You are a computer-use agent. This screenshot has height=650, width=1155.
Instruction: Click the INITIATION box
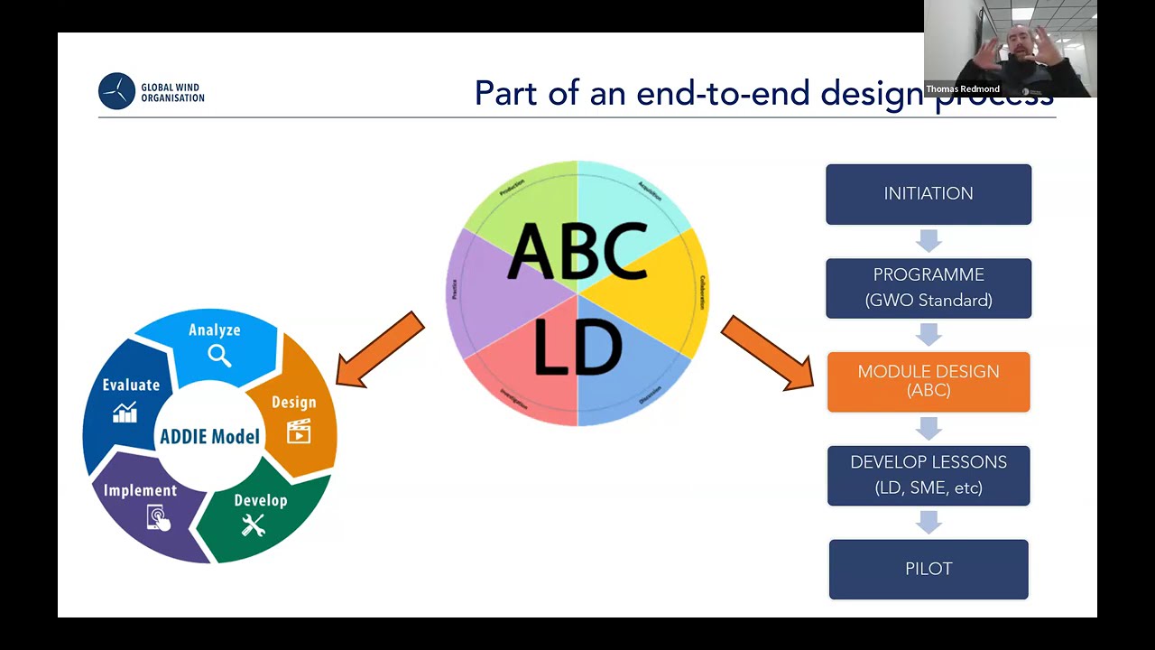928,194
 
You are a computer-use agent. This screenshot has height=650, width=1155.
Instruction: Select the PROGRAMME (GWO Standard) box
928,288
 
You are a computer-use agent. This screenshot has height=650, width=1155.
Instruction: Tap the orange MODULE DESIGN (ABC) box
928,382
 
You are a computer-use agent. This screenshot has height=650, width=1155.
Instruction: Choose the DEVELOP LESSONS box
928,475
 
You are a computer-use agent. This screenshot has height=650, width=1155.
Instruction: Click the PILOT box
928,569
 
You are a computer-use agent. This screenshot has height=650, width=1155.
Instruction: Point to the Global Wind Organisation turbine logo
116,91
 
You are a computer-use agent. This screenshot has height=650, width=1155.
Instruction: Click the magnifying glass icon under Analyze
219,355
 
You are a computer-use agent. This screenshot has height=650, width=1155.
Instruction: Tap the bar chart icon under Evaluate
125,413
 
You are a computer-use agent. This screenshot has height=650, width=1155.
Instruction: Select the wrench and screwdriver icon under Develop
253,525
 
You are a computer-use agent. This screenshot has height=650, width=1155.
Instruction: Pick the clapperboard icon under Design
298,431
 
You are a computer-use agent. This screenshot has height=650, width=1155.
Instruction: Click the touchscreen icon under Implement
158,517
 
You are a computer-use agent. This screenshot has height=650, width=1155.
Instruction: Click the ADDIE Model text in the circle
209,437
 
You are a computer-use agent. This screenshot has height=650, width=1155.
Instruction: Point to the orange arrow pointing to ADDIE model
380,350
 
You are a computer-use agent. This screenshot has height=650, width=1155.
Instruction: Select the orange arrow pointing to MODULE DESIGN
767,353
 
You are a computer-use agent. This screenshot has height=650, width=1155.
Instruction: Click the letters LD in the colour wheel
577,348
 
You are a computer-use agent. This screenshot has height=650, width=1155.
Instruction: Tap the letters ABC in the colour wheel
577,251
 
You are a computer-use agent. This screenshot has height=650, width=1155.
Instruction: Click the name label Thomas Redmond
963,89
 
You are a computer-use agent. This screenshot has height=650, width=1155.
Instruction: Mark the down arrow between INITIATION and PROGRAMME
928,241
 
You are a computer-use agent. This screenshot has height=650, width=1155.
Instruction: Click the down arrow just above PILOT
928,522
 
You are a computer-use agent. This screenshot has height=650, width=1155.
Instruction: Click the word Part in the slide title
509,93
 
